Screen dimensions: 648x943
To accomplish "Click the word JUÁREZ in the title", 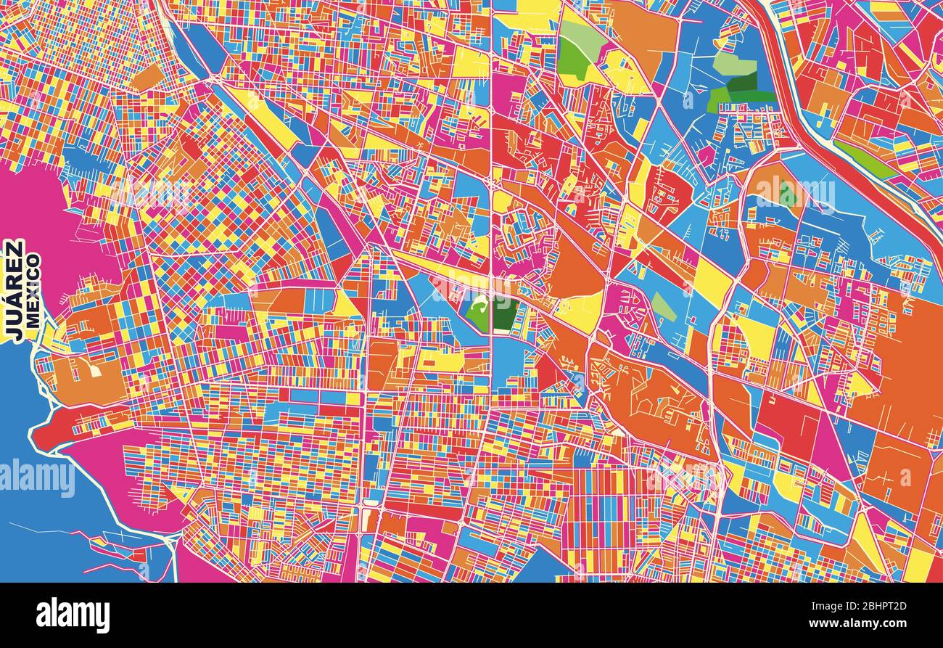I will (x=14, y=290).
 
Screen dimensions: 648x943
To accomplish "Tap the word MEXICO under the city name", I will (x=33, y=290).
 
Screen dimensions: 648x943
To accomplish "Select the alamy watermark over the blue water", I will (x=36, y=478).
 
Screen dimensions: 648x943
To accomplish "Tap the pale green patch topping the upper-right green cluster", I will (x=734, y=64).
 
